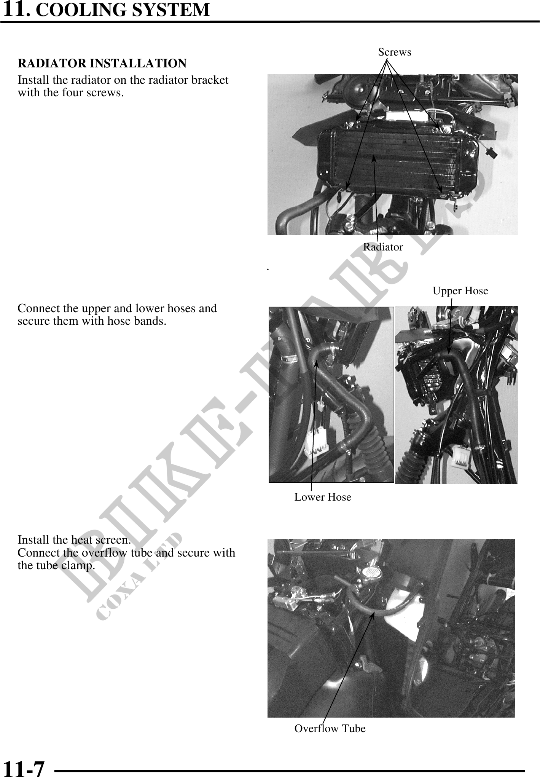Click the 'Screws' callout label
(x=395, y=52)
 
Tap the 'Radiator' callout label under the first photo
(x=383, y=247)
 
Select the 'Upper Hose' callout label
(x=460, y=291)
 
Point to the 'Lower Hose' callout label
(x=323, y=497)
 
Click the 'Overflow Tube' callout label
(x=330, y=728)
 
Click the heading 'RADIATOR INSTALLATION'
(x=102, y=63)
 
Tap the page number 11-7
(x=24, y=768)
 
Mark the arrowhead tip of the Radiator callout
(x=374, y=156)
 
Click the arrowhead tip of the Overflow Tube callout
(x=374, y=612)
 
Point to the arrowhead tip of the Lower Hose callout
(x=317, y=361)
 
